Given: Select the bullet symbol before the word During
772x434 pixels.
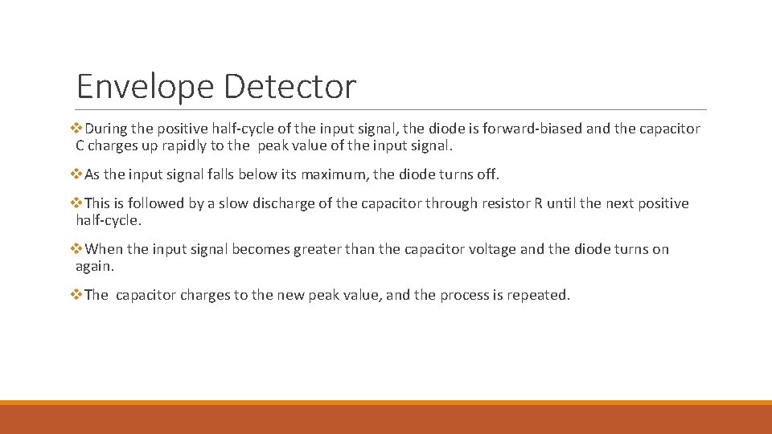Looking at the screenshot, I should tap(78, 129).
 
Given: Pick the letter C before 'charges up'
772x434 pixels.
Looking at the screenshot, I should tap(80, 146).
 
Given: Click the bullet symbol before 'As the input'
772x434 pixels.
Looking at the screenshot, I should tap(78, 174).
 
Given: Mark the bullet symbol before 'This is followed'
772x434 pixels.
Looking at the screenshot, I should tap(78, 203).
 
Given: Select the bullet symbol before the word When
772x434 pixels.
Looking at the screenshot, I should tap(78, 249).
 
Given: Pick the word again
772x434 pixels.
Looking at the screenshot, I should tap(94, 267).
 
